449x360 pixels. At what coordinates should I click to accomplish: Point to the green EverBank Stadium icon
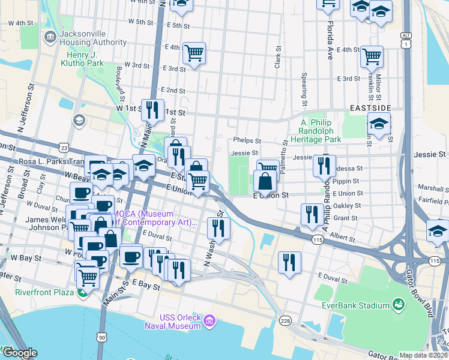pyautogui.click(x=397, y=305)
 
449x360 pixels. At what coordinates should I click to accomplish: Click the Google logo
pyautogui.click(x=19, y=353)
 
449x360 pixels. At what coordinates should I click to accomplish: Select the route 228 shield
pyautogui.click(x=285, y=320)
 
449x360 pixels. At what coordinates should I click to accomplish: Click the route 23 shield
pyautogui.click(x=64, y=148)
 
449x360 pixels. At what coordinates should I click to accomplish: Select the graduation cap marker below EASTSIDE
pyautogui.click(x=379, y=124)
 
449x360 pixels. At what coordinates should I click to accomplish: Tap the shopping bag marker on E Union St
pyautogui.click(x=265, y=180)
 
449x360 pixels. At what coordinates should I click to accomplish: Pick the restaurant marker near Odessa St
pyautogui.click(x=324, y=165)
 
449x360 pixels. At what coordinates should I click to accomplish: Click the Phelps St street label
pyautogui.click(x=247, y=140)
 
